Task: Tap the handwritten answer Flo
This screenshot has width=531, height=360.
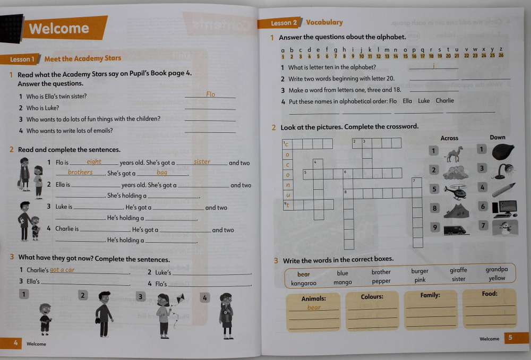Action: pyautogui.click(x=211, y=94)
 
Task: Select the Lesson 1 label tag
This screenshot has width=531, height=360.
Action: pyautogui.click(x=22, y=59)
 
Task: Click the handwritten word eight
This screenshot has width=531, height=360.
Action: pyautogui.click(x=94, y=162)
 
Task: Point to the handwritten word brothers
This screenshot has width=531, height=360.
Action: pyautogui.click(x=80, y=172)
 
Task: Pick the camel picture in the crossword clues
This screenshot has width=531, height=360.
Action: pyautogui.click(x=454, y=155)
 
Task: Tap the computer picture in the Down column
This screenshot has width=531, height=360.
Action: pyautogui.click(x=504, y=208)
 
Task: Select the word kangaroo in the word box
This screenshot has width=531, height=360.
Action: pyautogui.click(x=304, y=283)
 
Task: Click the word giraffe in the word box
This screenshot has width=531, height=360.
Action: pyautogui.click(x=458, y=270)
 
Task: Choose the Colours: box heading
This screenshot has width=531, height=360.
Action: pyautogui.click(x=372, y=297)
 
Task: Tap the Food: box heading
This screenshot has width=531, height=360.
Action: pyautogui.click(x=489, y=294)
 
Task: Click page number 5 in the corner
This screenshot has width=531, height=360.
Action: pyautogui.click(x=510, y=338)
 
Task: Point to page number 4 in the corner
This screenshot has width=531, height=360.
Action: pyautogui.click(x=16, y=343)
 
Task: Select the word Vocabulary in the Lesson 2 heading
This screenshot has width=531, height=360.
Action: pyautogui.click(x=324, y=22)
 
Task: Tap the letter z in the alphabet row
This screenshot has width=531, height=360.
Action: pyautogui.click(x=501, y=49)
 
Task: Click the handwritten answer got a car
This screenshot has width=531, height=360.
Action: pyautogui.click(x=62, y=270)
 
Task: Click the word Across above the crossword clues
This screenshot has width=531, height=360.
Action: pyautogui.click(x=449, y=138)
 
